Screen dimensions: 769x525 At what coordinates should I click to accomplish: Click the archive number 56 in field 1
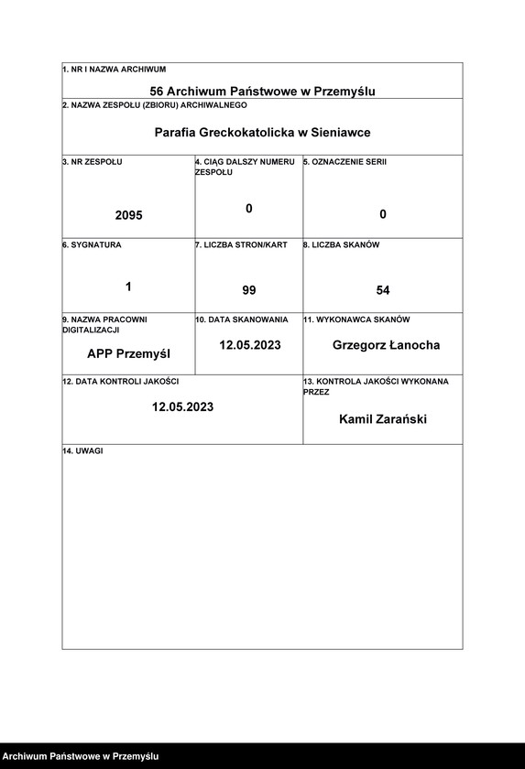(157, 92)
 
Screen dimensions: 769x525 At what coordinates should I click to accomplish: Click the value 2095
(128, 215)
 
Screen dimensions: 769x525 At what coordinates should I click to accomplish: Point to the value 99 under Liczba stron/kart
(249, 290)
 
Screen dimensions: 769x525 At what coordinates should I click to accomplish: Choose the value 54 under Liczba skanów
(383, 290)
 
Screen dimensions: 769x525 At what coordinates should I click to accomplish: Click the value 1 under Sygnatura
(128, 287)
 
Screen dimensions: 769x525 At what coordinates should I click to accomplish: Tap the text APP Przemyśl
(128, 353)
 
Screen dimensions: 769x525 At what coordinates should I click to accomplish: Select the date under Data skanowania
(249, 345)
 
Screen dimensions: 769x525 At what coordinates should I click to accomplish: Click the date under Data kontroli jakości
(182, 406)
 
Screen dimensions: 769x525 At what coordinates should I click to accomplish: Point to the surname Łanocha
(412, 345)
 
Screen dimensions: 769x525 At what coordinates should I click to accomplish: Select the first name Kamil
(355, 419)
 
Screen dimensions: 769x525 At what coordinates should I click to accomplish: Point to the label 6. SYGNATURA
(92, 245)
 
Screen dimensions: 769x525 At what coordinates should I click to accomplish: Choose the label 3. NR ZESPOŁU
(92, 162)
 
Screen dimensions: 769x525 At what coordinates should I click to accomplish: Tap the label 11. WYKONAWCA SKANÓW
(356, 320)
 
